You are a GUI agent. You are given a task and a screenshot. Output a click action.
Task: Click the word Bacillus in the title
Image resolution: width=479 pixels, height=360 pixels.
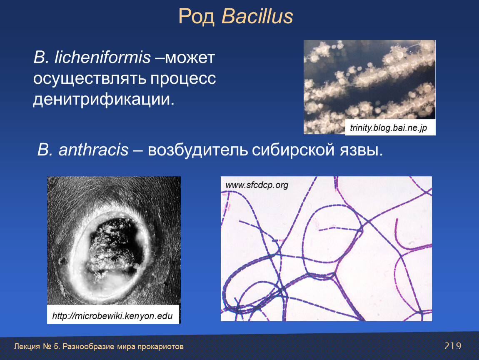point(257,16)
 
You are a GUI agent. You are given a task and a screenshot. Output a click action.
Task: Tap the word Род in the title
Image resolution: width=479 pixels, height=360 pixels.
point(197,17)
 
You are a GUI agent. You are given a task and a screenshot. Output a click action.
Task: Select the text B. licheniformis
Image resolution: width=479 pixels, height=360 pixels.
point(92,57)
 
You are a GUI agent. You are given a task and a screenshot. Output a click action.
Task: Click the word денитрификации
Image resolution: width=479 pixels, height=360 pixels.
point(104,99)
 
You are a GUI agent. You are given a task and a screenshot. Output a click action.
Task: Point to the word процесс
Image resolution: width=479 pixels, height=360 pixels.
point(183,78)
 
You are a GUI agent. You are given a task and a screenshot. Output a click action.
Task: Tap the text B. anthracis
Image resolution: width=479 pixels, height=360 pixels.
point(83,150)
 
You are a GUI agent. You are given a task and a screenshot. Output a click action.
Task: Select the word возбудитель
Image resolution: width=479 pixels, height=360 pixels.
point(198,150)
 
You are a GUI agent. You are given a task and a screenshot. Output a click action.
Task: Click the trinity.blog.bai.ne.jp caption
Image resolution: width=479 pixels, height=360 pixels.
point(388,127)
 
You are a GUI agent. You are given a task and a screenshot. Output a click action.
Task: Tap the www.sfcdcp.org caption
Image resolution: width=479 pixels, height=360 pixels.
point(257,185)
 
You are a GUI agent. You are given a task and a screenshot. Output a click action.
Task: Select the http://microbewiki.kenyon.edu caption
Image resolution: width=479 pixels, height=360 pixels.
point(112,316)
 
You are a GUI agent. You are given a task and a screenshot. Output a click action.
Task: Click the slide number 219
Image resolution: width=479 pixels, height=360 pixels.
point(453,346)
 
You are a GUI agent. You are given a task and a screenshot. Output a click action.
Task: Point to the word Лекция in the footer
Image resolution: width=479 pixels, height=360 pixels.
point(27,347)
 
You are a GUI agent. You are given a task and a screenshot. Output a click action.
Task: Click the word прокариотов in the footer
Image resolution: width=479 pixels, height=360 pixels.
point(160,347)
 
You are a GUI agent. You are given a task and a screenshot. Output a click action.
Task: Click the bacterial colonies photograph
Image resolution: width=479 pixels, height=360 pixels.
point(369,87)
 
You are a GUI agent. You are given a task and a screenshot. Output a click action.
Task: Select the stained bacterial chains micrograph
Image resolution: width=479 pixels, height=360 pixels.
point(326,248)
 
